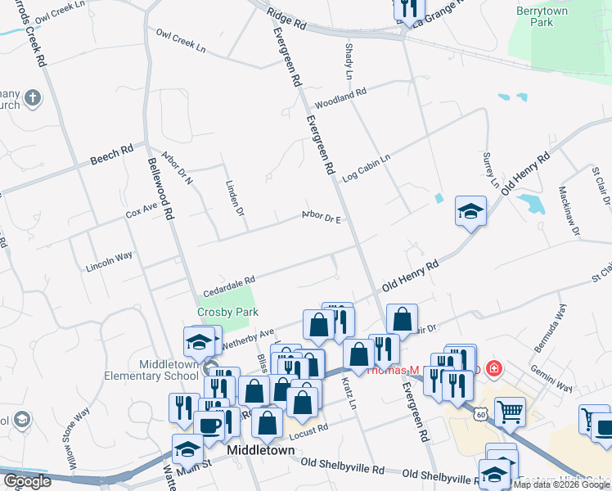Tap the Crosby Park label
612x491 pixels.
(227, 312)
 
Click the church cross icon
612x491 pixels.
(32, 99)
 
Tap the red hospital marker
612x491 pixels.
(493, 368)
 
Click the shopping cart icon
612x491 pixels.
(510, 412)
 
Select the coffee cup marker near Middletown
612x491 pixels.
(209, 425)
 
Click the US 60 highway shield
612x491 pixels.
(480, 415)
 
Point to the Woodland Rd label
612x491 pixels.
(340, 101)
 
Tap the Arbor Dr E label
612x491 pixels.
(321, 218)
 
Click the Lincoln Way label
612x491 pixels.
(109, 262)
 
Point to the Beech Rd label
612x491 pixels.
(111, 153)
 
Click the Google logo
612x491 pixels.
(27, 481)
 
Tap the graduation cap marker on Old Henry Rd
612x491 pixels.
(470, 212)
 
